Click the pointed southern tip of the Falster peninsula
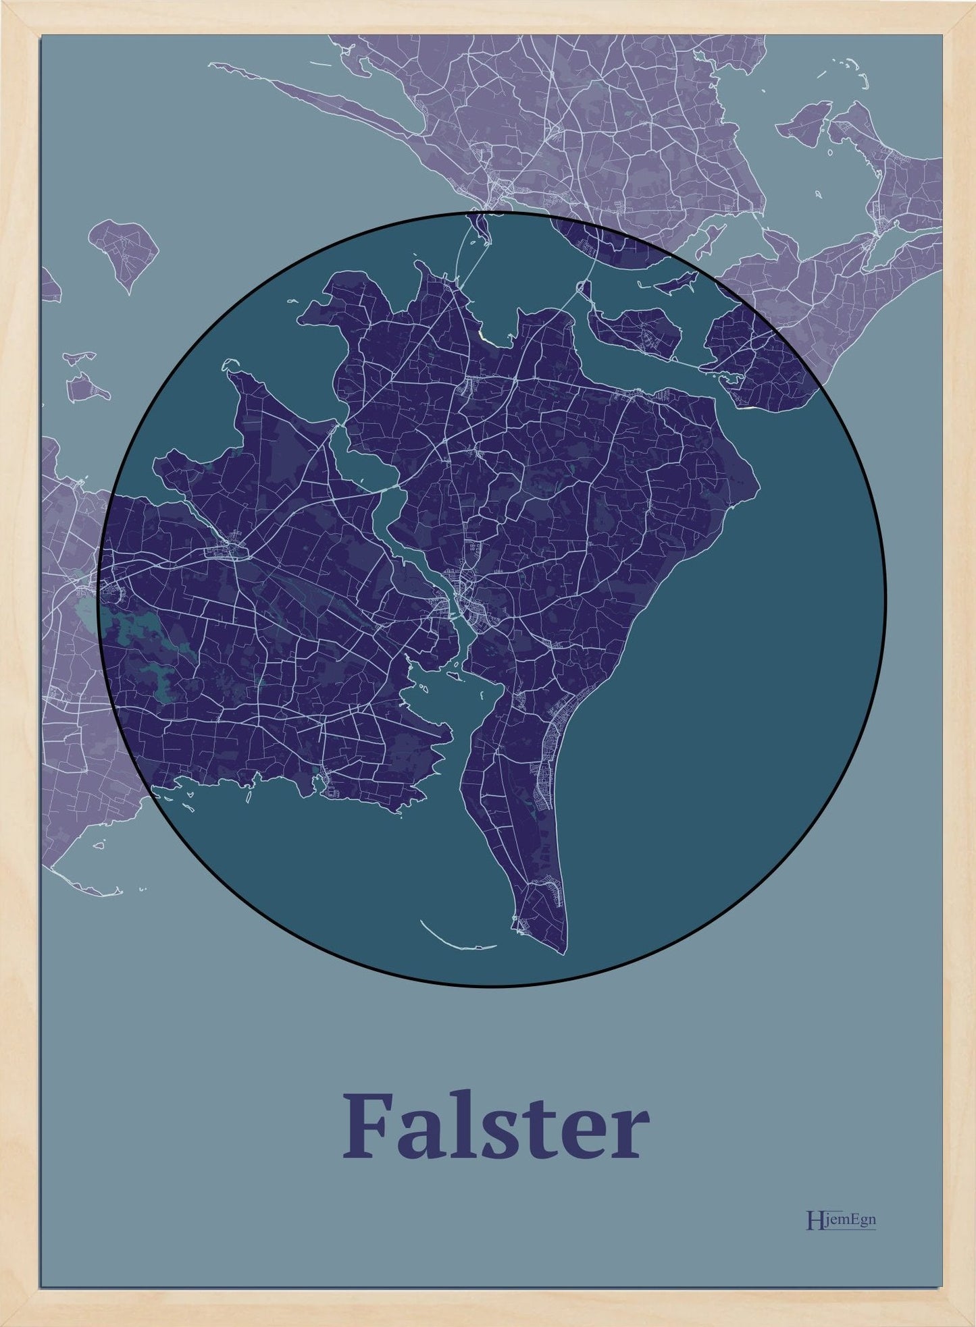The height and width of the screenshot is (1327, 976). coord(563,952)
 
